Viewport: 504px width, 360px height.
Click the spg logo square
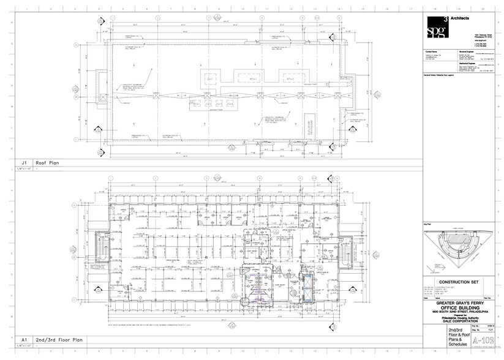[437, 28]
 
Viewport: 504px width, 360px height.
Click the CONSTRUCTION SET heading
[459, 282]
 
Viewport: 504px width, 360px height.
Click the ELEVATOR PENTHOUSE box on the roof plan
[312, 127]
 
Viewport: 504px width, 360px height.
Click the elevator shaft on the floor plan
[307, 285]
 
